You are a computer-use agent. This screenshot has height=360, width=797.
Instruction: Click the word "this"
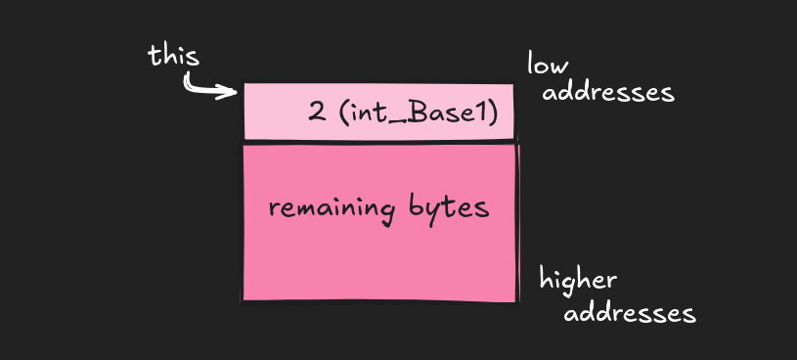tap(173, 56)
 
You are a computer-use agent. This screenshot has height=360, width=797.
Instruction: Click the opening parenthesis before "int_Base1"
tap(343, 112)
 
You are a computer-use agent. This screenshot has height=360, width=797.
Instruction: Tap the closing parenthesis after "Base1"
tap(495, 112)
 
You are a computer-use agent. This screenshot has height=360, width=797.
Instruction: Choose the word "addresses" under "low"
tap(607, 93)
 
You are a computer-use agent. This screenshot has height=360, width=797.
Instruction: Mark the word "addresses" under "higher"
tap(630, 314)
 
